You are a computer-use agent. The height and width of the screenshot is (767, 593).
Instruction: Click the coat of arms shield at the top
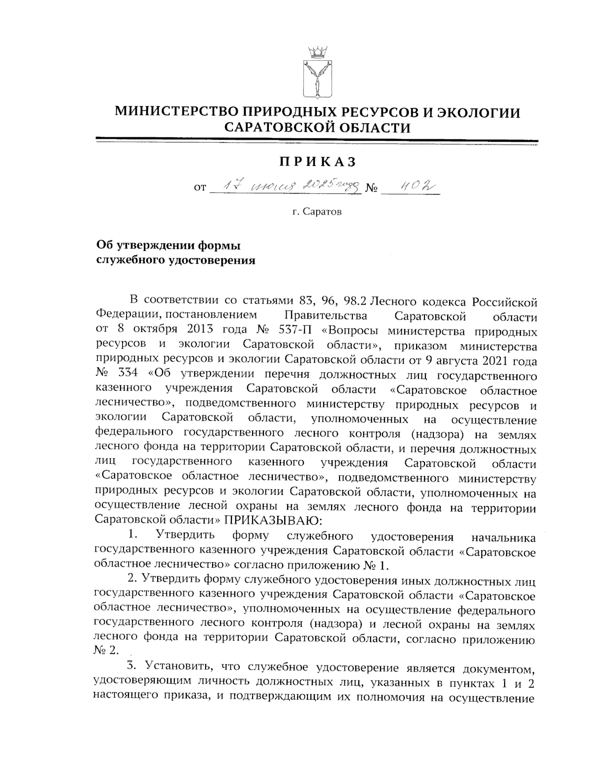[317, 80]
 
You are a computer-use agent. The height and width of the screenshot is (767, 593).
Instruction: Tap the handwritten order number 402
[411, 186]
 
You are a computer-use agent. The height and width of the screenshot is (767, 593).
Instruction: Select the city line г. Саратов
[316, 212]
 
